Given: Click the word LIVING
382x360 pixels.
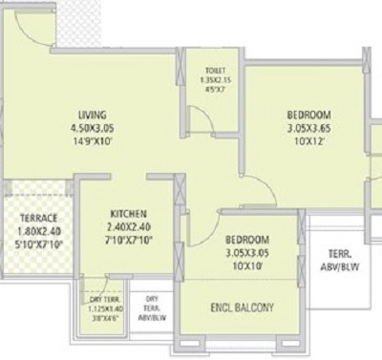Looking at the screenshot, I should (x=92, y=111).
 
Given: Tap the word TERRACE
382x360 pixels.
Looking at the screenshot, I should (x=38, y=217).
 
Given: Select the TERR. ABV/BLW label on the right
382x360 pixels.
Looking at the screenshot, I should (x=341, y=261).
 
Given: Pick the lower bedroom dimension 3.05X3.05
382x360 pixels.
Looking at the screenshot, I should (x=246, y=253).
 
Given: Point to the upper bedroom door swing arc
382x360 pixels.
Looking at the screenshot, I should (x=258, y=196).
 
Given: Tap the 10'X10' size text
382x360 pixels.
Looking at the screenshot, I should (x=246, y=266).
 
